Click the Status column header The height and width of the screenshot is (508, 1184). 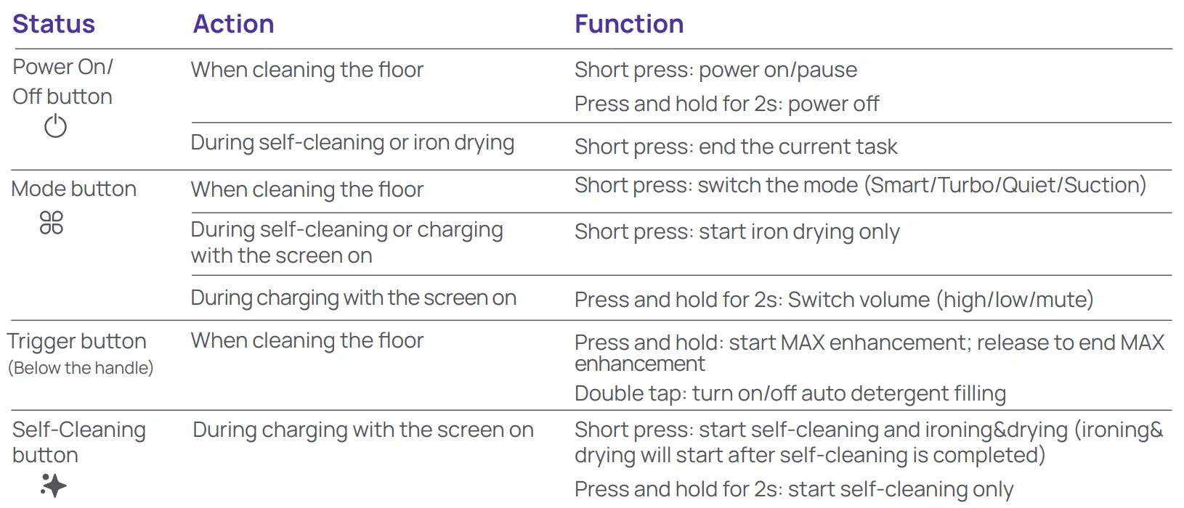click(53, 24)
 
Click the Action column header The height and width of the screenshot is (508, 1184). click(233, 24)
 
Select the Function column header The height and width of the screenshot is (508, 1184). click(629, 24)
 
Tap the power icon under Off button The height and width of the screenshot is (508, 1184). click(55, 126)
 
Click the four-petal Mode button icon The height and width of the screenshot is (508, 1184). click(52, 222)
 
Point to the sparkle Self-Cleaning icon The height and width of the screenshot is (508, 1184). click(53, 486)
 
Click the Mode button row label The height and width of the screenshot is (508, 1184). click(74, 189)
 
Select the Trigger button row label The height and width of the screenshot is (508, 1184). click(77, 341)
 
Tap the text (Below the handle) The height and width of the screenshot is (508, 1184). click(81, 367)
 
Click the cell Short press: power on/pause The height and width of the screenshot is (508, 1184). click(715, 70)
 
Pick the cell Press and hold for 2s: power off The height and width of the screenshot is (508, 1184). click(727, 104)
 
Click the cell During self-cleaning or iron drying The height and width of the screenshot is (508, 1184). click(352, 142)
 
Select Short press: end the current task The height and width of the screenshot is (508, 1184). click(736, 147)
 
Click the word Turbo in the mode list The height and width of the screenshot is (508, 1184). click(965, 185)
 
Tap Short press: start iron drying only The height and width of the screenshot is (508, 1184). click(737, 232)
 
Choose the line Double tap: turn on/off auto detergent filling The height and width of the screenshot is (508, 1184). click(790, 393)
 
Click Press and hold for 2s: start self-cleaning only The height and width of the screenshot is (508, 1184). click(794, 490)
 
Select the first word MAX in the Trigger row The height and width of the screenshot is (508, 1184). click(803, 343)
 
